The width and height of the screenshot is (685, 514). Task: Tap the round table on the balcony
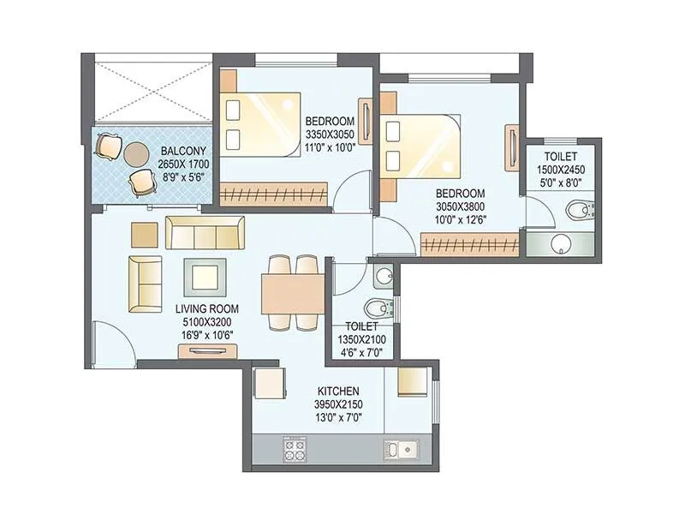pos(135,155)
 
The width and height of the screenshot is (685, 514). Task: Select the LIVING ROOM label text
pos(207,308)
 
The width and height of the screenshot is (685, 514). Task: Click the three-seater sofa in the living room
pos(205,232)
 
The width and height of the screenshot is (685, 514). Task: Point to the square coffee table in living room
pos(205,277)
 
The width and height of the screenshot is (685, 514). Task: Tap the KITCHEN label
pos(341,391)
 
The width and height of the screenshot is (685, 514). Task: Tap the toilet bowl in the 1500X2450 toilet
pos(580,208)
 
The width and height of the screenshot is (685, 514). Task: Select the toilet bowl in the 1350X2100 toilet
pos(375,308)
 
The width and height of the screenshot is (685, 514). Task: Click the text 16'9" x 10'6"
pos(207,335)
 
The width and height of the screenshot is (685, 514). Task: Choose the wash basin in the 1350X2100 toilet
pos(384,276)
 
